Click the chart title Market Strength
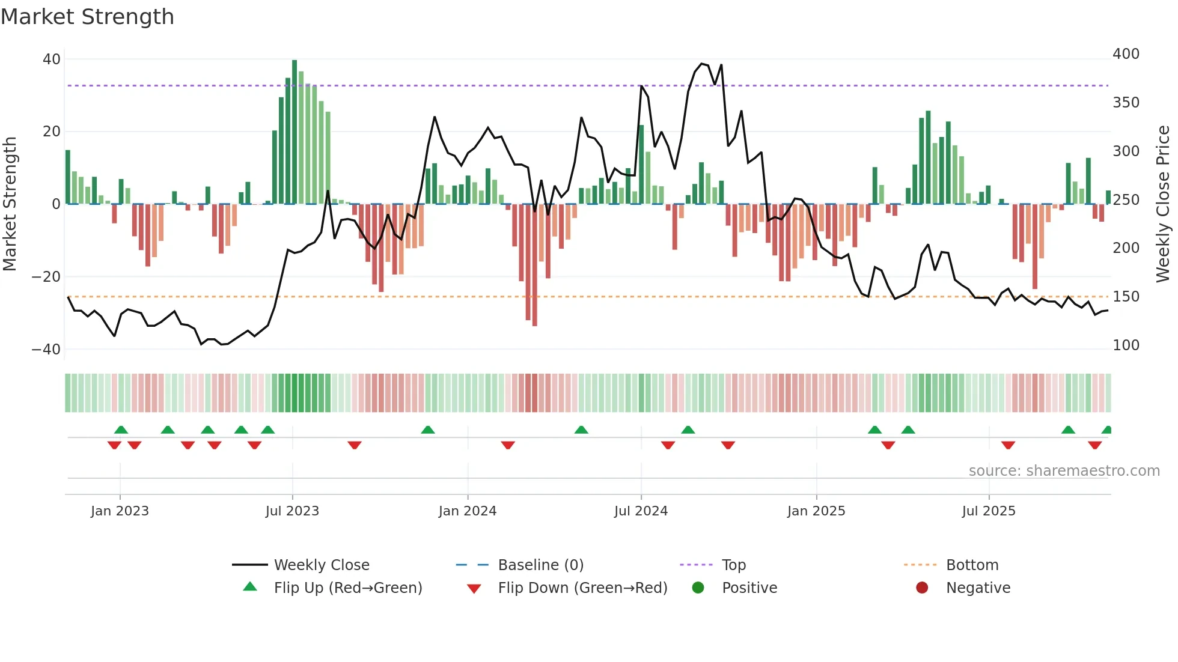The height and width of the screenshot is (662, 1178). (x=87, y=17)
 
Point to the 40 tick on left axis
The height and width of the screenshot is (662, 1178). (x=52, y=59)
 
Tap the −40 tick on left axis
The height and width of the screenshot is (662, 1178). (x=46, y=350)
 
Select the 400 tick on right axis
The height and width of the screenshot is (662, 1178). (x=1126, y=54)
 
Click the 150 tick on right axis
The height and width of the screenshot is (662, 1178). (x=1126, y=297)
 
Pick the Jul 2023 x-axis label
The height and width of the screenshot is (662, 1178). (x=292, y=511)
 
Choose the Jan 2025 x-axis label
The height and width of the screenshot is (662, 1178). (x=816, y=511)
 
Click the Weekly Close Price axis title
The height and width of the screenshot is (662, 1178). (x=1163, y=204)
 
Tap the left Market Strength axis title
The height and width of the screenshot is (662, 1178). (x=10, y=204)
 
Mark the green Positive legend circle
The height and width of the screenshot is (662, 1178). (x=698, y=588)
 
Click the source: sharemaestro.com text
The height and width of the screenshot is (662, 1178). (x=1064, y=471)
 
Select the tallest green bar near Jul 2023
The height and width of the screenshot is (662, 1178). (x=294, y=132)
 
